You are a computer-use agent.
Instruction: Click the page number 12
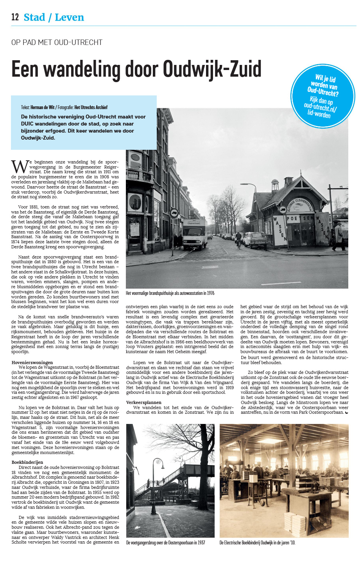click(15, 17)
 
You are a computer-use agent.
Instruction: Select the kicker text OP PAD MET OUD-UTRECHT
click(57, 42)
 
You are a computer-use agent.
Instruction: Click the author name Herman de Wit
click(43, 107)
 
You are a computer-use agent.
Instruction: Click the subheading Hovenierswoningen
click(32, 363)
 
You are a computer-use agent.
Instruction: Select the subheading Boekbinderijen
click(27, 462)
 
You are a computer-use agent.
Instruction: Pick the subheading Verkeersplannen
click(143, 402)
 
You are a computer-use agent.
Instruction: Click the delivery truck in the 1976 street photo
click(195, 235)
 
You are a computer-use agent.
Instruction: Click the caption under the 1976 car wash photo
click(170, 293)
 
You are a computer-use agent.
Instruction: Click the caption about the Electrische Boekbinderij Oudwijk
click(257, 542)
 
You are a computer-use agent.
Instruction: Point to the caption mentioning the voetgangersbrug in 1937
click(165, 542)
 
